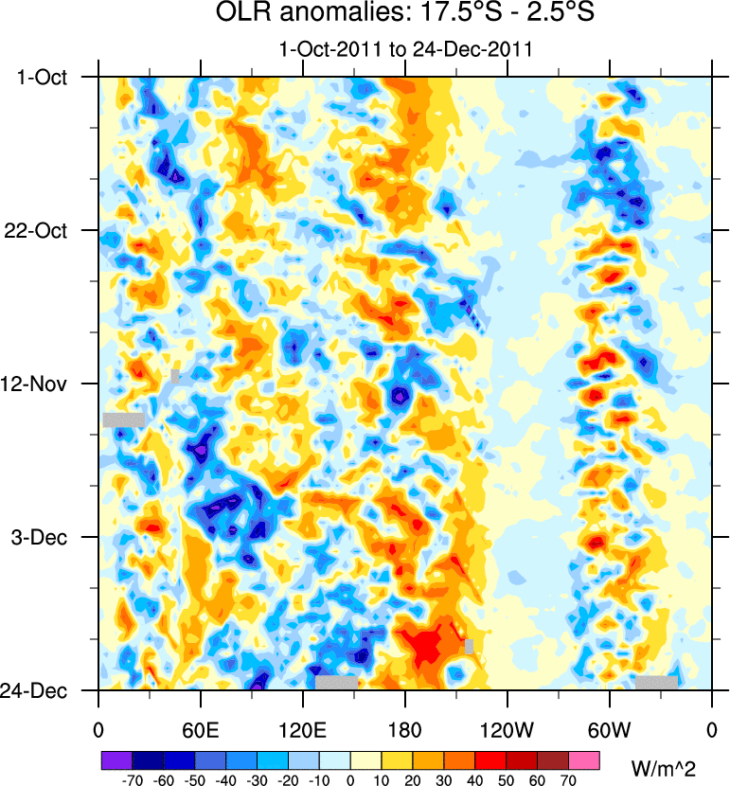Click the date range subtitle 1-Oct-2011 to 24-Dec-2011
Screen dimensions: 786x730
(405, 49)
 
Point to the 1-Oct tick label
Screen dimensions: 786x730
(43, 77)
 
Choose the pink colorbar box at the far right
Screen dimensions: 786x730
(584, 759)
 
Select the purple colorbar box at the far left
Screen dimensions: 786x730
(116, 759)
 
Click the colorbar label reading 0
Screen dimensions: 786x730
(350, 779)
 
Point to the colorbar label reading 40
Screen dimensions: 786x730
(475, 779)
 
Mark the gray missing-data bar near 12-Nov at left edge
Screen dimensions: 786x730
(123, 420)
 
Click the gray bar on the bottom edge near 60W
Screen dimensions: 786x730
(656, 682)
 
